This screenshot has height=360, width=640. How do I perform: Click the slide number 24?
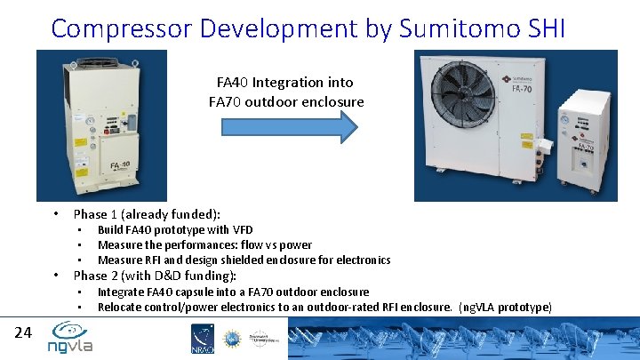coord(24,332)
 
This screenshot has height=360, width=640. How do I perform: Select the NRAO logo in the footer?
coord(203,340)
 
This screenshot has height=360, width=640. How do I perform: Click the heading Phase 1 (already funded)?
coord(147,213)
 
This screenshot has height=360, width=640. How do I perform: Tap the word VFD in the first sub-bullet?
coord(242,230)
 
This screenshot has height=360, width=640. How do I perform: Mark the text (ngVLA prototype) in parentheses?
coord(506,307)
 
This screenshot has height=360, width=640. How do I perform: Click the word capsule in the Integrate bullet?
coord(202,292)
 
